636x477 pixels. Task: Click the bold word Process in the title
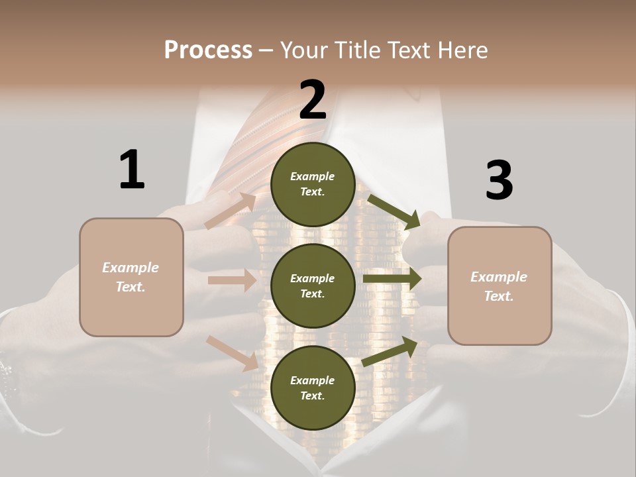(x=208, y=50)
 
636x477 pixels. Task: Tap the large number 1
(x=132, y=170)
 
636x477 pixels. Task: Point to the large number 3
(x=499, y=180)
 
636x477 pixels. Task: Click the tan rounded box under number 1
(x=131, y=277)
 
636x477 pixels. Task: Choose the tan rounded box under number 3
(x=500, y=286)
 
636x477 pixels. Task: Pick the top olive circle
(x=313, y=184)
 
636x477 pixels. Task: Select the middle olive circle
(x=313, y=286)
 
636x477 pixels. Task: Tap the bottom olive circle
(x=313, y=388)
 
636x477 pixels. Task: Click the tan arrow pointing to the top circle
(x=230, y=211)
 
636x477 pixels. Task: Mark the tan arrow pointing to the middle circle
(x=231, y=280)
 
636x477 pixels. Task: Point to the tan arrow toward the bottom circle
(x=232, y=352)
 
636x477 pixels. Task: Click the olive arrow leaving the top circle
(x=393, y=211)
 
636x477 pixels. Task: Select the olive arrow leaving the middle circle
(x=392, y=278)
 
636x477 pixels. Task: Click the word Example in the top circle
(x=313, y=176)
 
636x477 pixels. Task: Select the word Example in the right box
(x=499, y=277)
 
